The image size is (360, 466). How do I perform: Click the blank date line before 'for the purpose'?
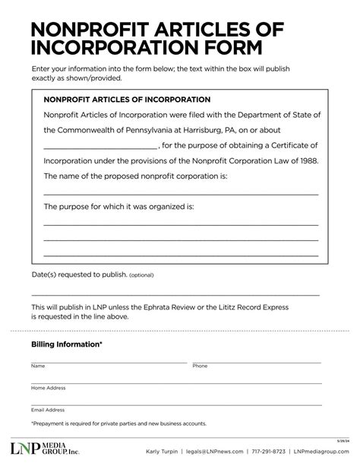pyautogui.click(x=100, y=146)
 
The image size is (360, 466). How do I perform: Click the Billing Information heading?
pyautogui.click(x=67, y=344)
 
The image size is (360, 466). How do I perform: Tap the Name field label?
pyautogui.click(x=38, y=366)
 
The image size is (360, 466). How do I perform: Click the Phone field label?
pyautogui.click(x=200, y=366)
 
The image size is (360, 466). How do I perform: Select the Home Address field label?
pyautogui.click(x=48, y=388)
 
